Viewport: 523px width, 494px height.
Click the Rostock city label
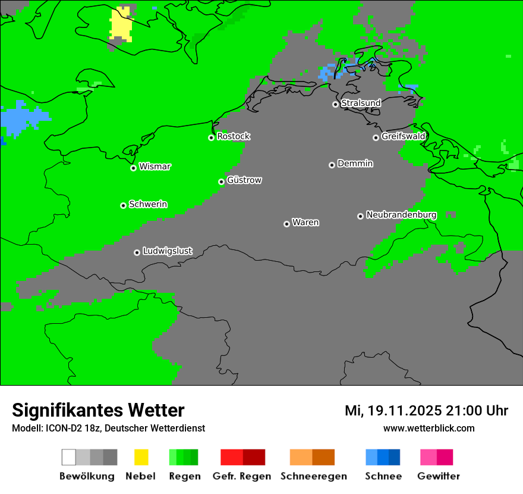233,136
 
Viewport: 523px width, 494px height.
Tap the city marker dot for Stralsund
335,104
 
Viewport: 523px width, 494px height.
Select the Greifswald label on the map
403,136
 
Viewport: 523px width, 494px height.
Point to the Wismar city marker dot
133,168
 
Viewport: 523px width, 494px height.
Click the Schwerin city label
148,204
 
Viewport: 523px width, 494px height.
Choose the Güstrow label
244,180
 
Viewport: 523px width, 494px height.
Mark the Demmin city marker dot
332,165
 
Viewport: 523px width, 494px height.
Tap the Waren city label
305,223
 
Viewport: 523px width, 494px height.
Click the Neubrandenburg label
401,215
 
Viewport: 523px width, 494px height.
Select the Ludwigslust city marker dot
137,252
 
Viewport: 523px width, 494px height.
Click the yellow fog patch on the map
121,24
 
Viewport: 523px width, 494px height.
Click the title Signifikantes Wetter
98,410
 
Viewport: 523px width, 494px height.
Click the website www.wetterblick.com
429,428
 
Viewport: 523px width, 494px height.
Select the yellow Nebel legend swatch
141,457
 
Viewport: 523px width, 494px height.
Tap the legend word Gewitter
438,476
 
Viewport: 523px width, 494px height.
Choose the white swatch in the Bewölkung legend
69,457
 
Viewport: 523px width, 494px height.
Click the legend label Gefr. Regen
241,476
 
